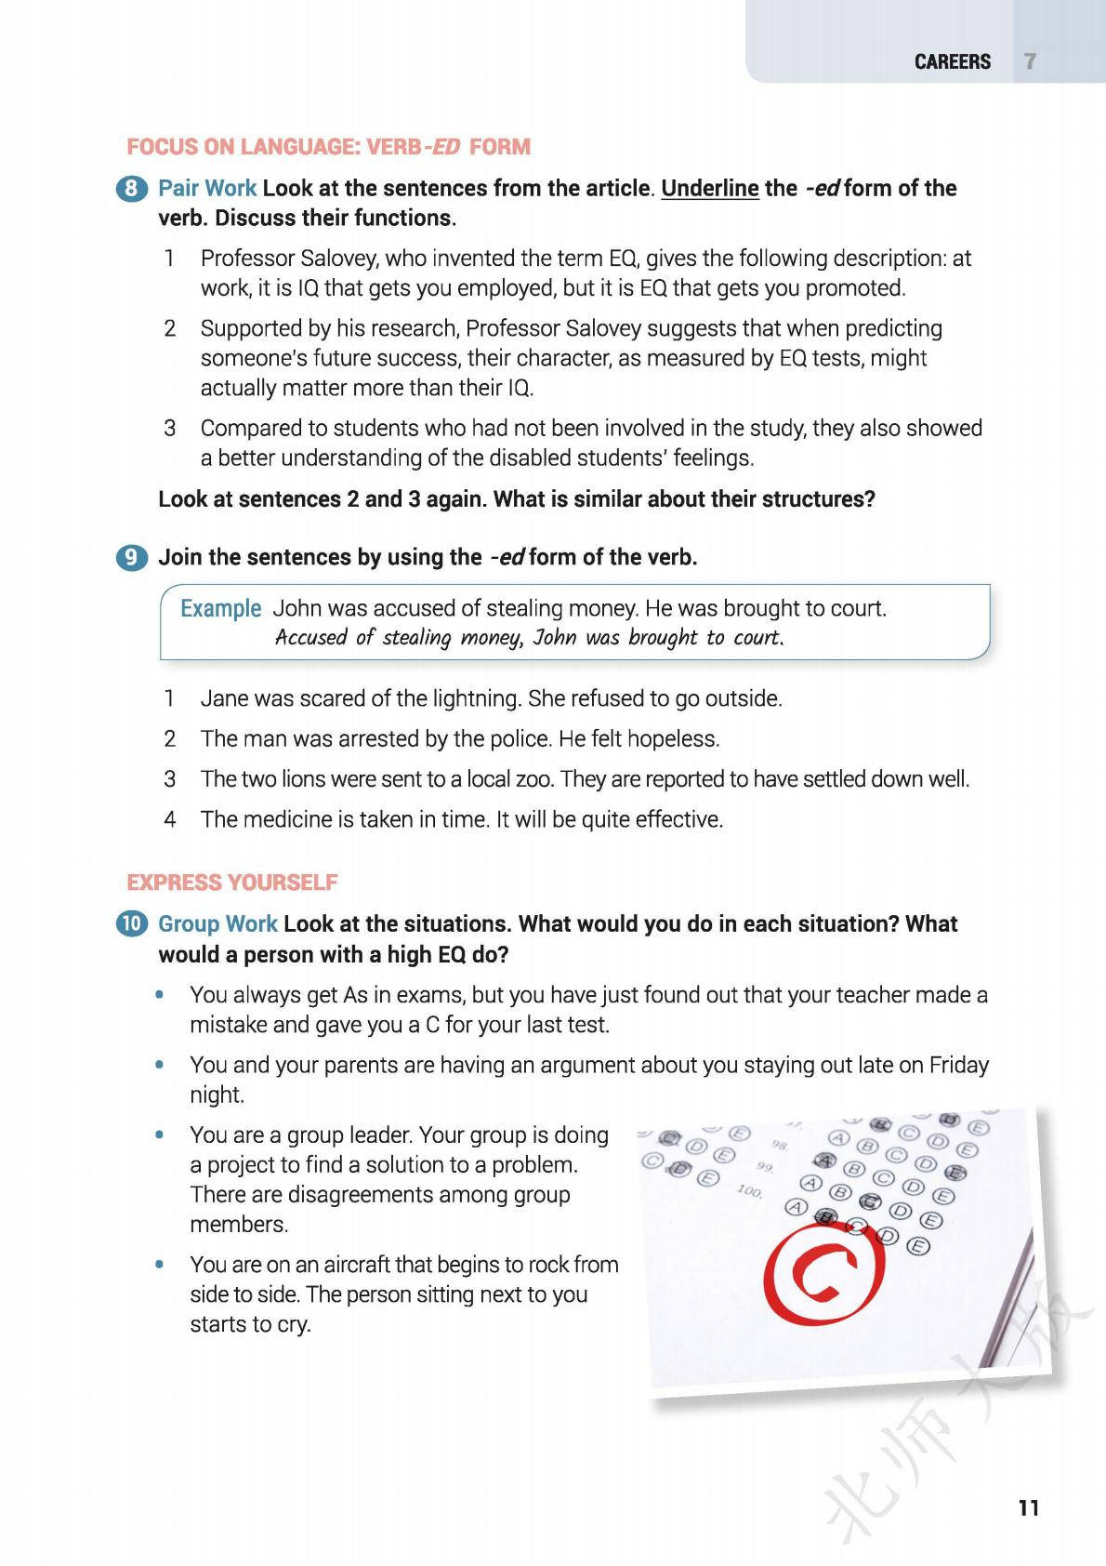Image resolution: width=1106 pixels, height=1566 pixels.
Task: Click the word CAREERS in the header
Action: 952,62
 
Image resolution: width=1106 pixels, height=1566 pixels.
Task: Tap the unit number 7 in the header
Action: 1030,62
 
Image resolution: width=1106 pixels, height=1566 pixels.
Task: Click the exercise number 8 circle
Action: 131,189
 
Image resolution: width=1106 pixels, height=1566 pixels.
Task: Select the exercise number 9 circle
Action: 131,558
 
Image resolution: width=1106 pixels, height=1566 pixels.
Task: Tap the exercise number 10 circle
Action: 131,924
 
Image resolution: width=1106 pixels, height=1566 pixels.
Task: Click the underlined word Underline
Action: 710,189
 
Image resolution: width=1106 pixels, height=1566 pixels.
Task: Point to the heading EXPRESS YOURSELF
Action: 232,883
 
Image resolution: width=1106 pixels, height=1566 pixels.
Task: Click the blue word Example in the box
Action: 220,608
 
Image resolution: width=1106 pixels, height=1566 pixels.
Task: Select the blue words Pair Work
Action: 207,189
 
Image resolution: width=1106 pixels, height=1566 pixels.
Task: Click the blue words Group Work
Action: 217,924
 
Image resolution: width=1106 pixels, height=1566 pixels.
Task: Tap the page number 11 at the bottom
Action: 1028,1507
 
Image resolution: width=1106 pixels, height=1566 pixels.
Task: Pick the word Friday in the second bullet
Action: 958,1065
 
